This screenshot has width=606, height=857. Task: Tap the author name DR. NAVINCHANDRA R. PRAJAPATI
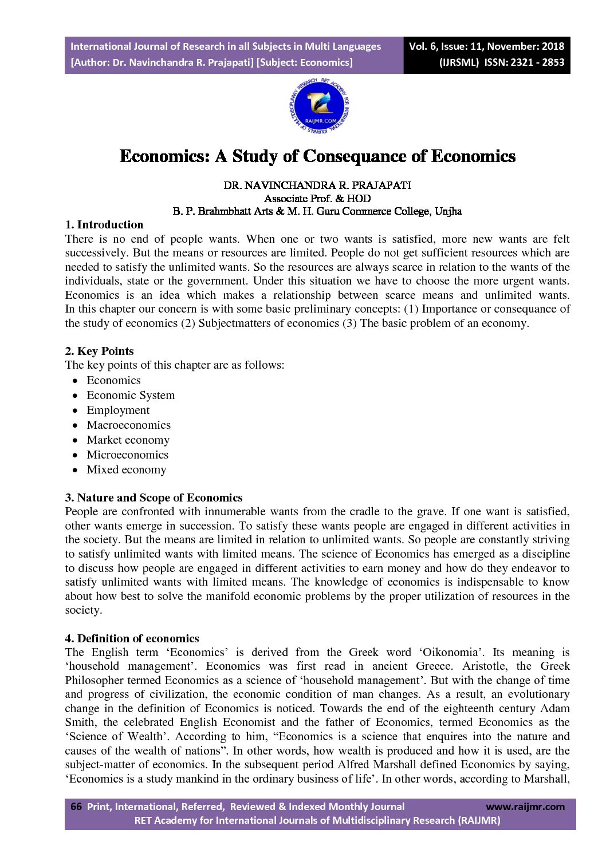317,185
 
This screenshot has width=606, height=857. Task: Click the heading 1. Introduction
104,224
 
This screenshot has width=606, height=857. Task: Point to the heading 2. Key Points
100,351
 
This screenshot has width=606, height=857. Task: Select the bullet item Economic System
131,395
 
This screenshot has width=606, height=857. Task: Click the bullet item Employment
118,410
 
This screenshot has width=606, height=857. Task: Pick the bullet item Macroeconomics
128,425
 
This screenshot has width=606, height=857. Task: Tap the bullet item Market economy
128,440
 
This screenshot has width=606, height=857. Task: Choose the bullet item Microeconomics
127,455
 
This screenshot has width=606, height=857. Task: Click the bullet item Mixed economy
126,469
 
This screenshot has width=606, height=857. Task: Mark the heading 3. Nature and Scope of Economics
154,497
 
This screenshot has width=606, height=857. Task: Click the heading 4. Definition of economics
132,638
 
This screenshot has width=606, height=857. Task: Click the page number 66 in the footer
76,806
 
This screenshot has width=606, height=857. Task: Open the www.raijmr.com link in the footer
525,807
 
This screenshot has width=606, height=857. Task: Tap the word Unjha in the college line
448,211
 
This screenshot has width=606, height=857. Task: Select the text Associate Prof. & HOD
317,199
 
